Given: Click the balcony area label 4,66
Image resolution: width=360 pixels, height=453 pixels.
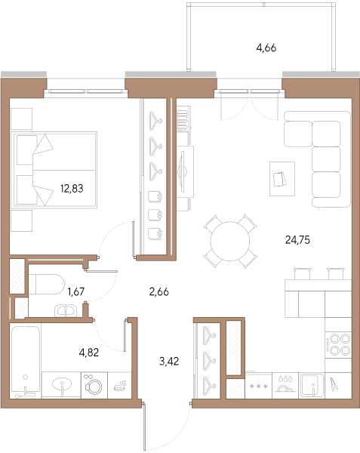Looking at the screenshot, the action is [266, 48].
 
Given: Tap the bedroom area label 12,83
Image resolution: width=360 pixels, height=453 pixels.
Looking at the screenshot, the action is [72, 188].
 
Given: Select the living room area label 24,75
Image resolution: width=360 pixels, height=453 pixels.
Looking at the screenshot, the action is [297, 240].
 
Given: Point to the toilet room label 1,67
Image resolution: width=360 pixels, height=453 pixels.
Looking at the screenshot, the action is [76, 291].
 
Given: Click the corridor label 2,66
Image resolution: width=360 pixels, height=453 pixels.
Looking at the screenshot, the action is [159, 291].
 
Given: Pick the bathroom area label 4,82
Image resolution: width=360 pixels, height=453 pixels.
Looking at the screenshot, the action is [89, 353].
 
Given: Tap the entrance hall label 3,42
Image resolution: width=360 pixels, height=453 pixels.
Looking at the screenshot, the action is [169, 361].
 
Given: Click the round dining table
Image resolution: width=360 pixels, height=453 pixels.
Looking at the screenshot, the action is [230, 242].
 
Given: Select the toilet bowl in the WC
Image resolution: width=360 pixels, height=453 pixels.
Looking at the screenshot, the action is [46, 284].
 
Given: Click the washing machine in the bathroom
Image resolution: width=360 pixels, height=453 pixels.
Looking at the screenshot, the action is [94, 385].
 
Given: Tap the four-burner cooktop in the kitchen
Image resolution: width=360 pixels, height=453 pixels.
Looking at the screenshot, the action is [338, 345].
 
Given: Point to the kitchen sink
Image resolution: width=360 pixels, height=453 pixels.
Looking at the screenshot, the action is [312, 385].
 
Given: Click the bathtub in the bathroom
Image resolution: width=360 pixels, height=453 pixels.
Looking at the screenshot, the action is [26, 361].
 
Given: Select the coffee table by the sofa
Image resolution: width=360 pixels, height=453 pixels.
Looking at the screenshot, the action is [282, 179].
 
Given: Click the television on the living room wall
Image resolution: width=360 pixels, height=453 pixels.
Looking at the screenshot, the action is [182, 172].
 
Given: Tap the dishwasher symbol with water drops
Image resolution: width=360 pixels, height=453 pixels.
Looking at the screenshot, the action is [285, 385].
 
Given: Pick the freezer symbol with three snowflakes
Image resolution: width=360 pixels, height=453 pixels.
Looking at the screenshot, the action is [258, 386].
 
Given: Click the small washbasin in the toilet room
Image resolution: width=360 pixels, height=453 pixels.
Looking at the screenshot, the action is [66, 310].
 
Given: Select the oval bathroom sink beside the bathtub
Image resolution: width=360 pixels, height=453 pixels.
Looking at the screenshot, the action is [62, 384].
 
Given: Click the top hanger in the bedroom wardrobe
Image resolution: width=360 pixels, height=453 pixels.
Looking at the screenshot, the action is [155, 121].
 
